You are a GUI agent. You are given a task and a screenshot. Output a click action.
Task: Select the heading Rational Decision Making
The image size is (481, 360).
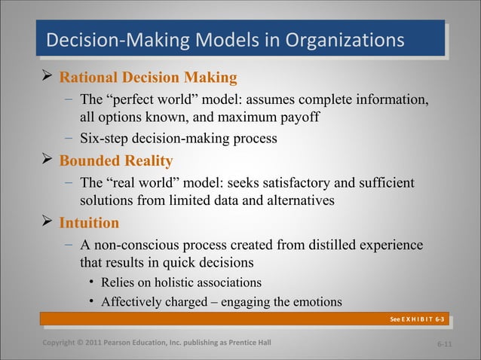(x=148, y=78)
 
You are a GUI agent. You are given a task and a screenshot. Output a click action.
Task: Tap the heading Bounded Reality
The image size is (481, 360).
(x=116, y=161)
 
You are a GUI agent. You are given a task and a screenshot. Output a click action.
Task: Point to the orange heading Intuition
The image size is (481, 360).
(x=89, y=223)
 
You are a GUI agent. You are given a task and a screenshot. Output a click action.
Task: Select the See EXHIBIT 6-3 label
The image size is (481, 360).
(x=417, y=319)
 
